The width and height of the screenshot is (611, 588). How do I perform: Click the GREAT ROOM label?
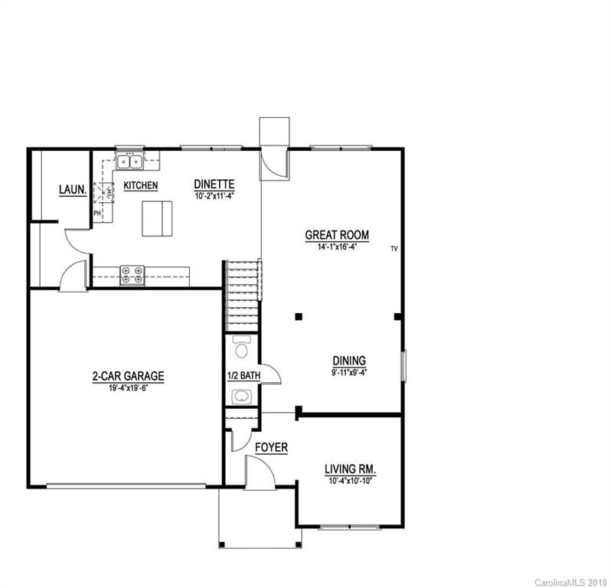pyautogui.click(x=337, y=235)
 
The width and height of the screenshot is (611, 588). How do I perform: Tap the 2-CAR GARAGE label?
pyautogui.click(x=128, y=376)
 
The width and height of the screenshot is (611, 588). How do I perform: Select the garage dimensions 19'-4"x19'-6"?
pyautogui.click(x=128, y=388)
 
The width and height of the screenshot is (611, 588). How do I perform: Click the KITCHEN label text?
pyautogui.click(x=141, y=185)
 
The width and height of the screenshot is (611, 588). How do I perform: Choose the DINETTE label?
pyautogui.click(x=214, y=185)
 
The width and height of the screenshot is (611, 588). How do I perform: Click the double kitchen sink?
pyautogui.click(x=129, y=162)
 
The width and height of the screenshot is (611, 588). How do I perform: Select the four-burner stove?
pyautogui.click(x=132, y=274)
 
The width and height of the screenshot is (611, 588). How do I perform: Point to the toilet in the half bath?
pyautogui.click(x=242, y=349)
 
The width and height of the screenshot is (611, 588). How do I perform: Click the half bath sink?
pyautogui.click(x=242, y=396)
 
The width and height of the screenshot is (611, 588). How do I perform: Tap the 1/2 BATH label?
pyautogui.click(x=244, y=375)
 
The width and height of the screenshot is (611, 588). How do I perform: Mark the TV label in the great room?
pyautogui.click(x=394, y=249)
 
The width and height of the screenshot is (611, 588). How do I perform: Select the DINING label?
pyautogui.click(x=348, y=361)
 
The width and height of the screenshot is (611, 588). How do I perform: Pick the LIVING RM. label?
pyautogui.click(x=354, y=469)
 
